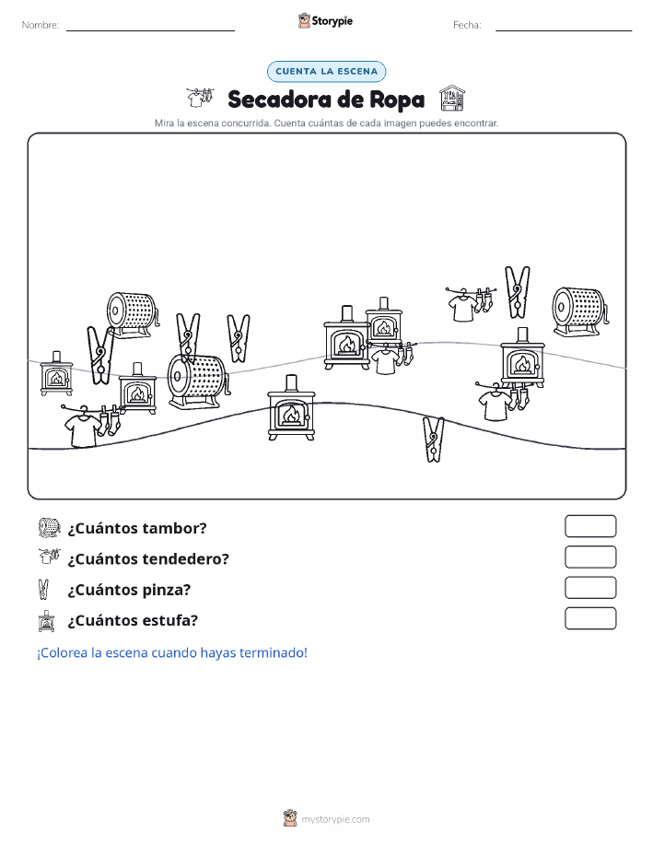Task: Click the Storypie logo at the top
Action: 325,21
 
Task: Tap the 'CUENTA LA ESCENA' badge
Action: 326,71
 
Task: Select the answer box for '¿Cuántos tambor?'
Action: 590,526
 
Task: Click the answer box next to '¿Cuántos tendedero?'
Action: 590,557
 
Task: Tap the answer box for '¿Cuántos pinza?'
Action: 590,588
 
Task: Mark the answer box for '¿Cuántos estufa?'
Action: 590,618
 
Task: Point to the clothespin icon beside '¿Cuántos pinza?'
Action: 43,589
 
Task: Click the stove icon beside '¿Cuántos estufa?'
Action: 47,621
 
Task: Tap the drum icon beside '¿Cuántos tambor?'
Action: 49,528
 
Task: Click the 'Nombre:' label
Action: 40,25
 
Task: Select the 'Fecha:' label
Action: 467,25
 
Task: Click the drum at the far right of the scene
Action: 580,311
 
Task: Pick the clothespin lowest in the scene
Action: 433,440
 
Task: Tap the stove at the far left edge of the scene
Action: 56,373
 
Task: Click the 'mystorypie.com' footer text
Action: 335,819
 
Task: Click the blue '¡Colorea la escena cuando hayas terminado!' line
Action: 172,652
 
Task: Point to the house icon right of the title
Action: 451,98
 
